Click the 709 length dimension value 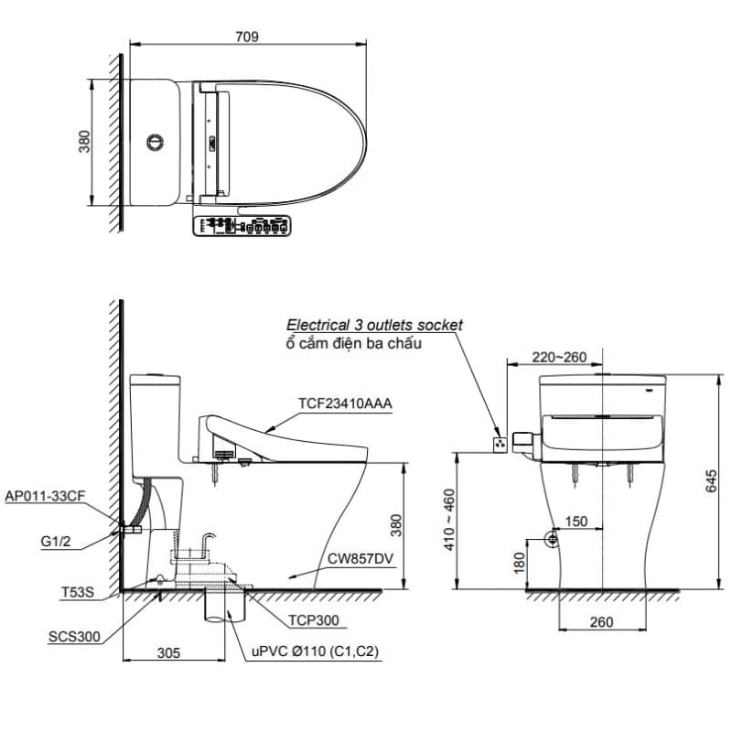tap(247, 37)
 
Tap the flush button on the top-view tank tap(155, 143)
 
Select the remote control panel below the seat tap(242, 226)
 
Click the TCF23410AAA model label tap(345, 404)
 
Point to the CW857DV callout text tap(361, 559)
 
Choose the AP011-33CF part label tap(45, 496)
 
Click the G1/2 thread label tap(56, 541)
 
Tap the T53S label tap(78, 592)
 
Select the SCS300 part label tap(74, 637)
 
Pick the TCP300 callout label tap(314, 620)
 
